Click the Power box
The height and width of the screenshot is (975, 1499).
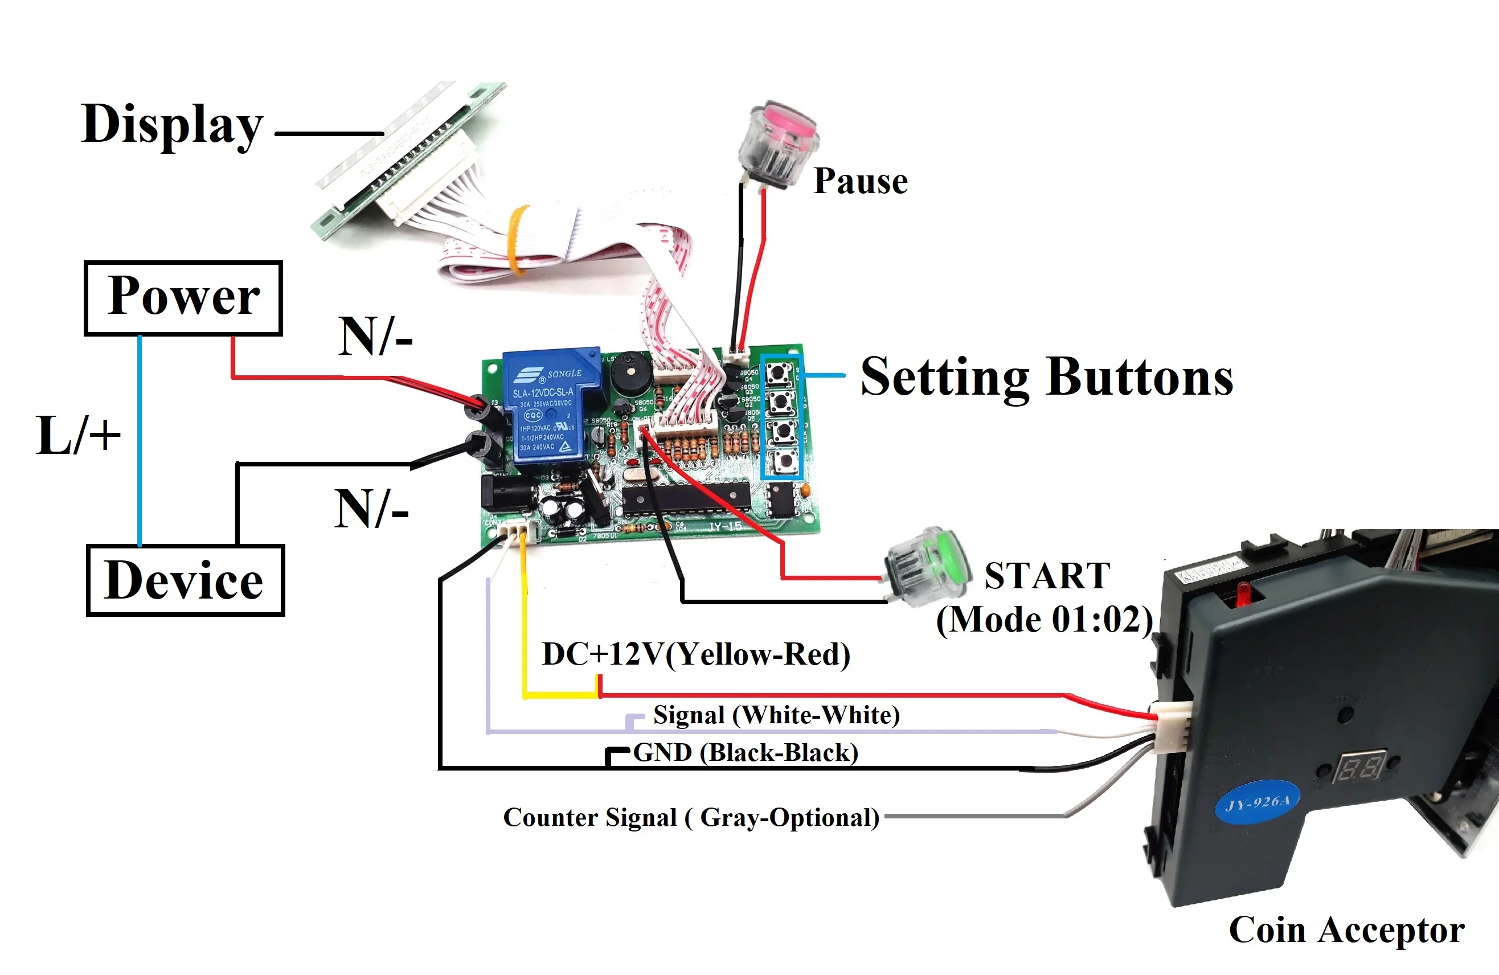(183, 298)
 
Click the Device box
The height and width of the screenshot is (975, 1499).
(185, 580)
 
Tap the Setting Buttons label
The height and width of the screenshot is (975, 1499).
(1046, 378)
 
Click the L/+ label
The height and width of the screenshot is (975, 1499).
(78, 435)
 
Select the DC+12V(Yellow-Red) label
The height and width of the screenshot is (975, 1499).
(696, 654)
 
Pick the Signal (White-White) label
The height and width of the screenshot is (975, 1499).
(776, 715)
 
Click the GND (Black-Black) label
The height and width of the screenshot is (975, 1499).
(746, 753)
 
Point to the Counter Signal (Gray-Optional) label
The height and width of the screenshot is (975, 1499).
(691, 818)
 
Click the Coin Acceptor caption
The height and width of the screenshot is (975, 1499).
(1346, 929)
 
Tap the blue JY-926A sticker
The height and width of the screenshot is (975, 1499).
(1258, 802)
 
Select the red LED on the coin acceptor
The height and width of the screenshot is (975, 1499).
(1243, 594)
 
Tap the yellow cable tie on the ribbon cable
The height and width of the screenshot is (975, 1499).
(518, 240)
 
